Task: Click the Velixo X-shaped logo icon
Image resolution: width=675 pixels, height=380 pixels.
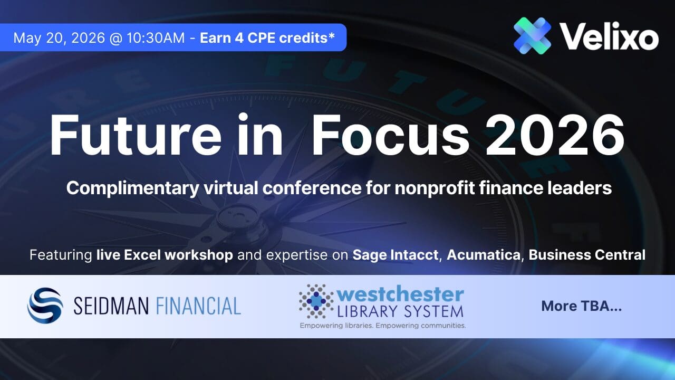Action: [532, 35]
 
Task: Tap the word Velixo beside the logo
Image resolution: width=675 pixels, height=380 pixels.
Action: [609, 36]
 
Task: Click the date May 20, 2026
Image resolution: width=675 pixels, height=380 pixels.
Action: [59, 38]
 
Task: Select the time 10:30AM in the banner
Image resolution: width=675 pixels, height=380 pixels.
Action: [156, 38]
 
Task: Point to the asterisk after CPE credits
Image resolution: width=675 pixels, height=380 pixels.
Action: [332, 35]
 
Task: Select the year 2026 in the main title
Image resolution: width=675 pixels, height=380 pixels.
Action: [555, 135]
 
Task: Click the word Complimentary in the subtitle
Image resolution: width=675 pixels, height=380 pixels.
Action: [132, 188]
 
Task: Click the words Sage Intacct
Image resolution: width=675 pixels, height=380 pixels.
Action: [396, 255]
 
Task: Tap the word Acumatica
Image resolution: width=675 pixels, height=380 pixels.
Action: [484, 255]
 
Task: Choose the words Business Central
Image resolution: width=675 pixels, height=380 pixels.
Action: [587, 255]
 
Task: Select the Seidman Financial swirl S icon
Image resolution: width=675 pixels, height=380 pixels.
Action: [45, 305]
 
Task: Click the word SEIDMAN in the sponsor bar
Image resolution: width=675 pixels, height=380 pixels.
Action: [111, 306]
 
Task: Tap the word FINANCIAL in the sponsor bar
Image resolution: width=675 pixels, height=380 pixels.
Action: [198, 306]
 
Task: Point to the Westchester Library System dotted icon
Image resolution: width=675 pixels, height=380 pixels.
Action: [316, 301]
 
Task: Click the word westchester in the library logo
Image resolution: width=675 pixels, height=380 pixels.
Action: [400, 294]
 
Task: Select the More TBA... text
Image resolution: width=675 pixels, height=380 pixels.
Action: [582, 306]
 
